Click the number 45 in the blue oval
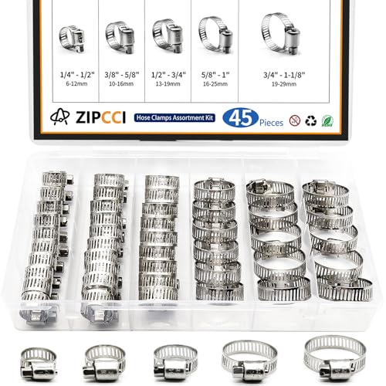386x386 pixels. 235,118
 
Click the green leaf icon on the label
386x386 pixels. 330,120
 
